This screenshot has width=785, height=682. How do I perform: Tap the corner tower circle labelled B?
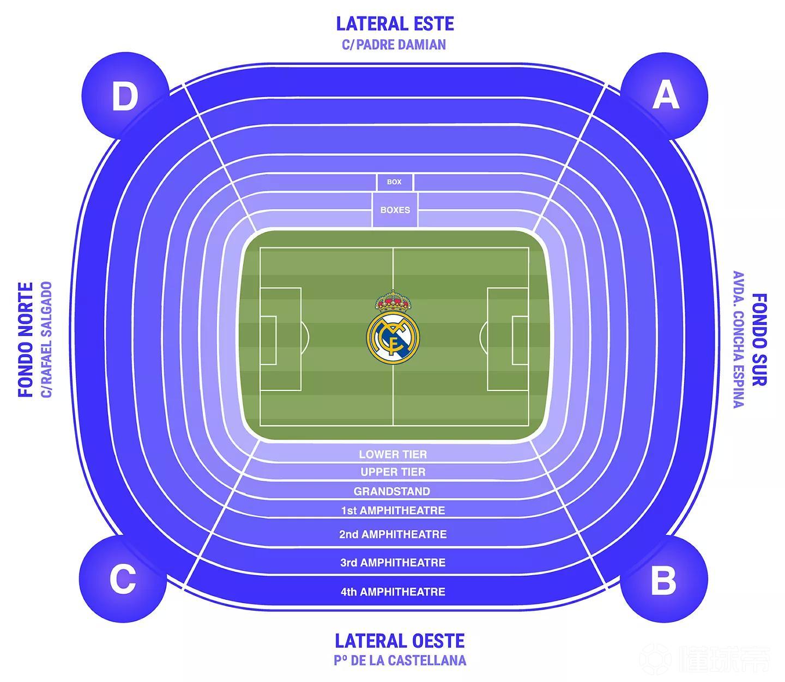(x=663, y=579)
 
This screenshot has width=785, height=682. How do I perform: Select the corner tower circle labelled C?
(x=123, y=579)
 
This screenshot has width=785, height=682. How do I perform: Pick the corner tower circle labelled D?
(x=125, y=96)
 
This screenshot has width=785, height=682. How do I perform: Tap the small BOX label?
(x=394, y=182)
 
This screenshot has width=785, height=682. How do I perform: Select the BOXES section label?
(x=395, y=210)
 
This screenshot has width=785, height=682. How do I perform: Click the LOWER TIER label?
(x=392, y=454)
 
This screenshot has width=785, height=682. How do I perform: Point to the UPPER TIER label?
(x=392, y=472)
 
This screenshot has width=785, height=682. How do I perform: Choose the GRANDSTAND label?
(x=392, y=491)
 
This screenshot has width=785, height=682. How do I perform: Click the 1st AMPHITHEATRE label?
(x=392, y=510)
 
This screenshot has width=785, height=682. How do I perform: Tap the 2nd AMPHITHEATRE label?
(x=392, y=534)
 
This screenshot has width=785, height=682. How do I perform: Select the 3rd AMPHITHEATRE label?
(x=392, y=563)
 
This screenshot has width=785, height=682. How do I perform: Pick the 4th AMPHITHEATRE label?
(x=392, y=592)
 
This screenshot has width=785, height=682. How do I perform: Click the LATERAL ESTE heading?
(x=395, y=24)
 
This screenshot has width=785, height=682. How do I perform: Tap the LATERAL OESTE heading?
(x=400, y=641)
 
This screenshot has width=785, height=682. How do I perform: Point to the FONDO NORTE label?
(x=26, y=339)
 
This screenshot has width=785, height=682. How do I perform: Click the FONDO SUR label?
(x=759, y=339)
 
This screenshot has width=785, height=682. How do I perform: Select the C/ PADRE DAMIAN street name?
(x=394, y=45)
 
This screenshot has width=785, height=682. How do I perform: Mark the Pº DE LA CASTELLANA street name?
(x=400, y=661)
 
